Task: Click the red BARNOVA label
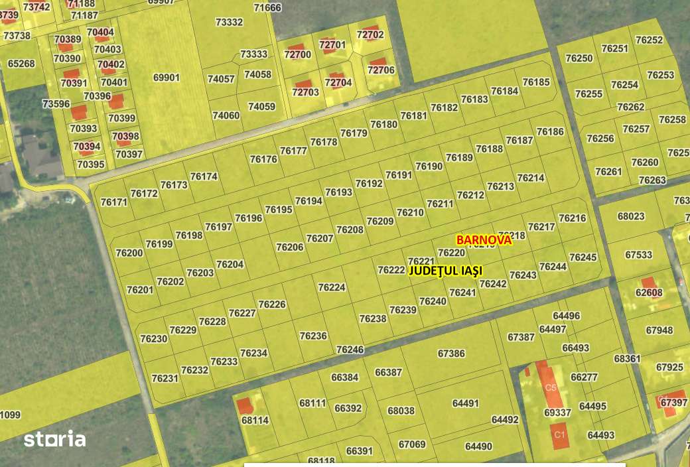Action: [484, 239]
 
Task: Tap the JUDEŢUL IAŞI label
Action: [447, 271]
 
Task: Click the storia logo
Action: [54, 439]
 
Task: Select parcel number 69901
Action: [167, 78]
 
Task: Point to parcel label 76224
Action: [332, 287]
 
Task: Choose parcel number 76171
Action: [113, 202]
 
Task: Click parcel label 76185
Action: [536, 82]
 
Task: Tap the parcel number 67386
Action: [451, 354]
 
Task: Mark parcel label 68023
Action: [631, 216]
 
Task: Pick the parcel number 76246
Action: [350, 349]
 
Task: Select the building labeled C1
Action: [559, 435]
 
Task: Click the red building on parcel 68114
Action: [245, 405]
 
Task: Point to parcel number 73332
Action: [229, 22]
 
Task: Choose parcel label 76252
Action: [649, 40]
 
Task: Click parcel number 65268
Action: [21, 64]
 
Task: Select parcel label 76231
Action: [165, 378]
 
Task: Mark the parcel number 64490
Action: [478, 446]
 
